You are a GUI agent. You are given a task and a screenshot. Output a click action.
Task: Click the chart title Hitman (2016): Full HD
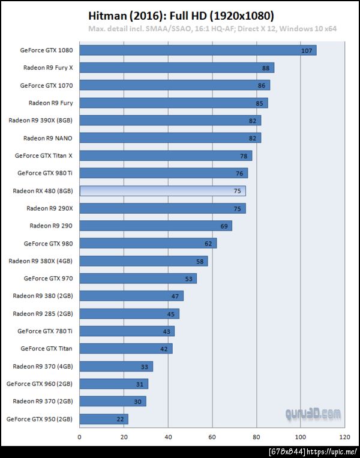click(x=181, y=15)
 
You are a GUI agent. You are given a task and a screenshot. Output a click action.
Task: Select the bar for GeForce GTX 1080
click(x=197, y=50)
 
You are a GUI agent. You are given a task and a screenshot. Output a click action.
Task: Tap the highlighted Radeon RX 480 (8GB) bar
click(x=162, y=191)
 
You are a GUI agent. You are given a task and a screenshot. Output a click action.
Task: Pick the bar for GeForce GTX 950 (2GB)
click(x=103, y=418)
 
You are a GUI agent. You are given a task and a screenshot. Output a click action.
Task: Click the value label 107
click(x=307, y=51)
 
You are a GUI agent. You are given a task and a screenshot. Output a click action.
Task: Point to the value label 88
click(x=266, y=68)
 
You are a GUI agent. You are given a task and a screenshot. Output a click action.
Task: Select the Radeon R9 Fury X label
click(x=48, y=68)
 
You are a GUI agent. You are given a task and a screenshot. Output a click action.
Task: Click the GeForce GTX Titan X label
click(x=44, y=155)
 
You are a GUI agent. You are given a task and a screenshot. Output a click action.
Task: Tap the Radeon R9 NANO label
click(x=48, y=138)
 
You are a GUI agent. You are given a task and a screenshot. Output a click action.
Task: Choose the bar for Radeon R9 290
click(x=155, y=226)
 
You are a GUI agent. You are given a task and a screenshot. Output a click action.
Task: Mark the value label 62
click(x=208, y=244)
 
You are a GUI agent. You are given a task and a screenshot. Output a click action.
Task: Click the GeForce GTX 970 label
click(x=48, y=279)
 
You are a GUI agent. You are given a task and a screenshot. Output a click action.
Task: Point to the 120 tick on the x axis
click(x=344, y=438)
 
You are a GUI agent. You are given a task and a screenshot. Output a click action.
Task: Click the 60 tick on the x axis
click(x=212, y=438)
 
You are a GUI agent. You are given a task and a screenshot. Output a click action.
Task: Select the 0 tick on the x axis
click(x=79, y=438)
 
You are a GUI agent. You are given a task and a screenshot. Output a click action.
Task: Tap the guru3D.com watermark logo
click(x=313, y=414)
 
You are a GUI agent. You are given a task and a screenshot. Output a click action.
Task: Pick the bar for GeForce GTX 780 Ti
click(x=127, y=331)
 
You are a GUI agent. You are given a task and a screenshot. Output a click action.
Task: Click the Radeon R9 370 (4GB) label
click(x=43, y=366)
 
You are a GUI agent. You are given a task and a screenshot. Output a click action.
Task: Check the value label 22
click(x=120, y=419)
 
